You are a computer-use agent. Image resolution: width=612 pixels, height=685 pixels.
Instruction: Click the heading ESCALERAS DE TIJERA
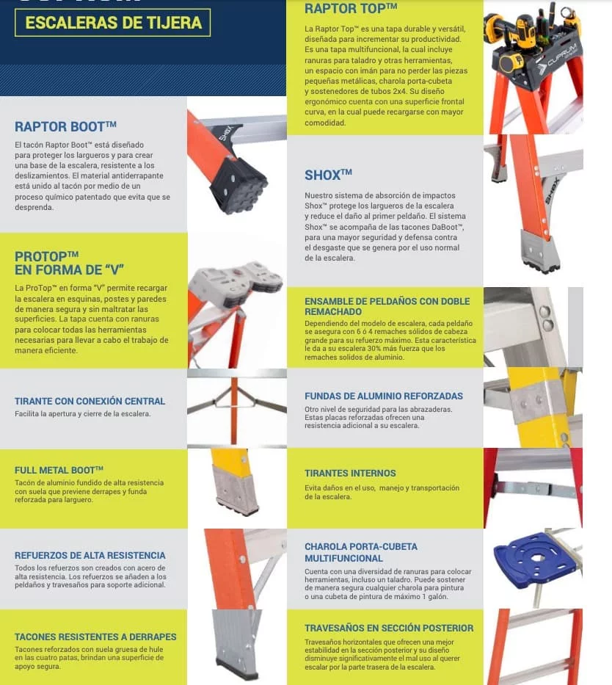[x=114, y=23]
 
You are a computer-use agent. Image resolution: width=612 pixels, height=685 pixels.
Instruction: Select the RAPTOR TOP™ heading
[x=351, y=8]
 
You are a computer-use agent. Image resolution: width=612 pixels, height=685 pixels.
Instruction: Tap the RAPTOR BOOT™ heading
[x=65, y=127]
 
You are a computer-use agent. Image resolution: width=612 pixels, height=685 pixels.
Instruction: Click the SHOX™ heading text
[x=328, y=175]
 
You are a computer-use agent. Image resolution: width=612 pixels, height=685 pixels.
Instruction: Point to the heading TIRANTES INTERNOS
[x=350, y=473]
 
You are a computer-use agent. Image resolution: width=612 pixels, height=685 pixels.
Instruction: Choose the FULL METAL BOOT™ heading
[x=59, y=470]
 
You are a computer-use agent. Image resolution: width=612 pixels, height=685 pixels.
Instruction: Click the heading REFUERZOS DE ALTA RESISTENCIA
[x=90, y=555]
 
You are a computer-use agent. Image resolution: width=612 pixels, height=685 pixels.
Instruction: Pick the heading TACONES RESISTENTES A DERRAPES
[x=95, y=637]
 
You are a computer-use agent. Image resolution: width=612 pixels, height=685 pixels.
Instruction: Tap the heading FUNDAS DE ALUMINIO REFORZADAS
[x=384, y=396]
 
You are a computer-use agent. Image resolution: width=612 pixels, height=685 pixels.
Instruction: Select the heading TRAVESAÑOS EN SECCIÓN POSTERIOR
[x=389, y=628]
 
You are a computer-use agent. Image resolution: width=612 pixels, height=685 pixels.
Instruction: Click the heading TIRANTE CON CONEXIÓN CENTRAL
[x=90, y=401]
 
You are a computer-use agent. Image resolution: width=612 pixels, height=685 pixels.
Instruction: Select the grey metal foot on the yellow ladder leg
[x=236, y=488]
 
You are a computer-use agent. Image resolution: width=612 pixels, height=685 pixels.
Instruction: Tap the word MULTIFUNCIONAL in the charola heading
[x=344, y=558]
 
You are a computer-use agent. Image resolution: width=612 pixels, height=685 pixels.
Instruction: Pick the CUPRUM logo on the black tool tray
[x=561, y=56]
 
